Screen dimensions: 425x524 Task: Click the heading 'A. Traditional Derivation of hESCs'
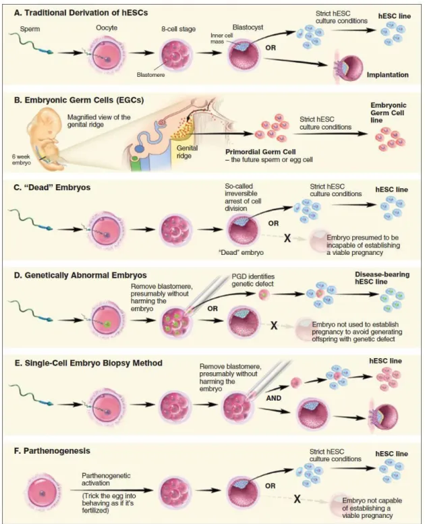[x=80, y=13]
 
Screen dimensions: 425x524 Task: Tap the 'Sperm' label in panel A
[x=30, y=29]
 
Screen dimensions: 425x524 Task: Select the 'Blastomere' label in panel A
[x=150, y=75]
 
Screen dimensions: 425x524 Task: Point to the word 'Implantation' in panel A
[x=387, y=75]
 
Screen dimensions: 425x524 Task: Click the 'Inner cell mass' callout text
[x=222, y=38]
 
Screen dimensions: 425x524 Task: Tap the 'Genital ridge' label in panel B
[x=187, y=152]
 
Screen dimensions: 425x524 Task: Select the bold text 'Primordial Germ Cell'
[x=260, y=151]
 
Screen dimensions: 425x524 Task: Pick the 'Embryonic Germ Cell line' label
[x=388, y=113]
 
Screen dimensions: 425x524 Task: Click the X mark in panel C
[x=287, y=238]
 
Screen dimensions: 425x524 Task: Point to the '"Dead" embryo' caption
[x=241, y=252]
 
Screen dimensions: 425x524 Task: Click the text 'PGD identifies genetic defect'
[x=253, y=281]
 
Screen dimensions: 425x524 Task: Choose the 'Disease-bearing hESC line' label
[x=382, y=278]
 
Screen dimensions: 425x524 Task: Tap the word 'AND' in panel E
[x=273, y=398]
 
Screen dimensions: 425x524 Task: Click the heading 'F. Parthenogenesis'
[x=52, y=450]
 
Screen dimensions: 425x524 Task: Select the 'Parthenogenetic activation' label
[x=106, y=479]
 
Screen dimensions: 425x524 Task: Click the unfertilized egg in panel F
[x=42, y=492]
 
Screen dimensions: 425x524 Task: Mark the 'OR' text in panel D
[x=213, y=308]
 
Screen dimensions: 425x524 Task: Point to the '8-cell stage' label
[x=178, y=29]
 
